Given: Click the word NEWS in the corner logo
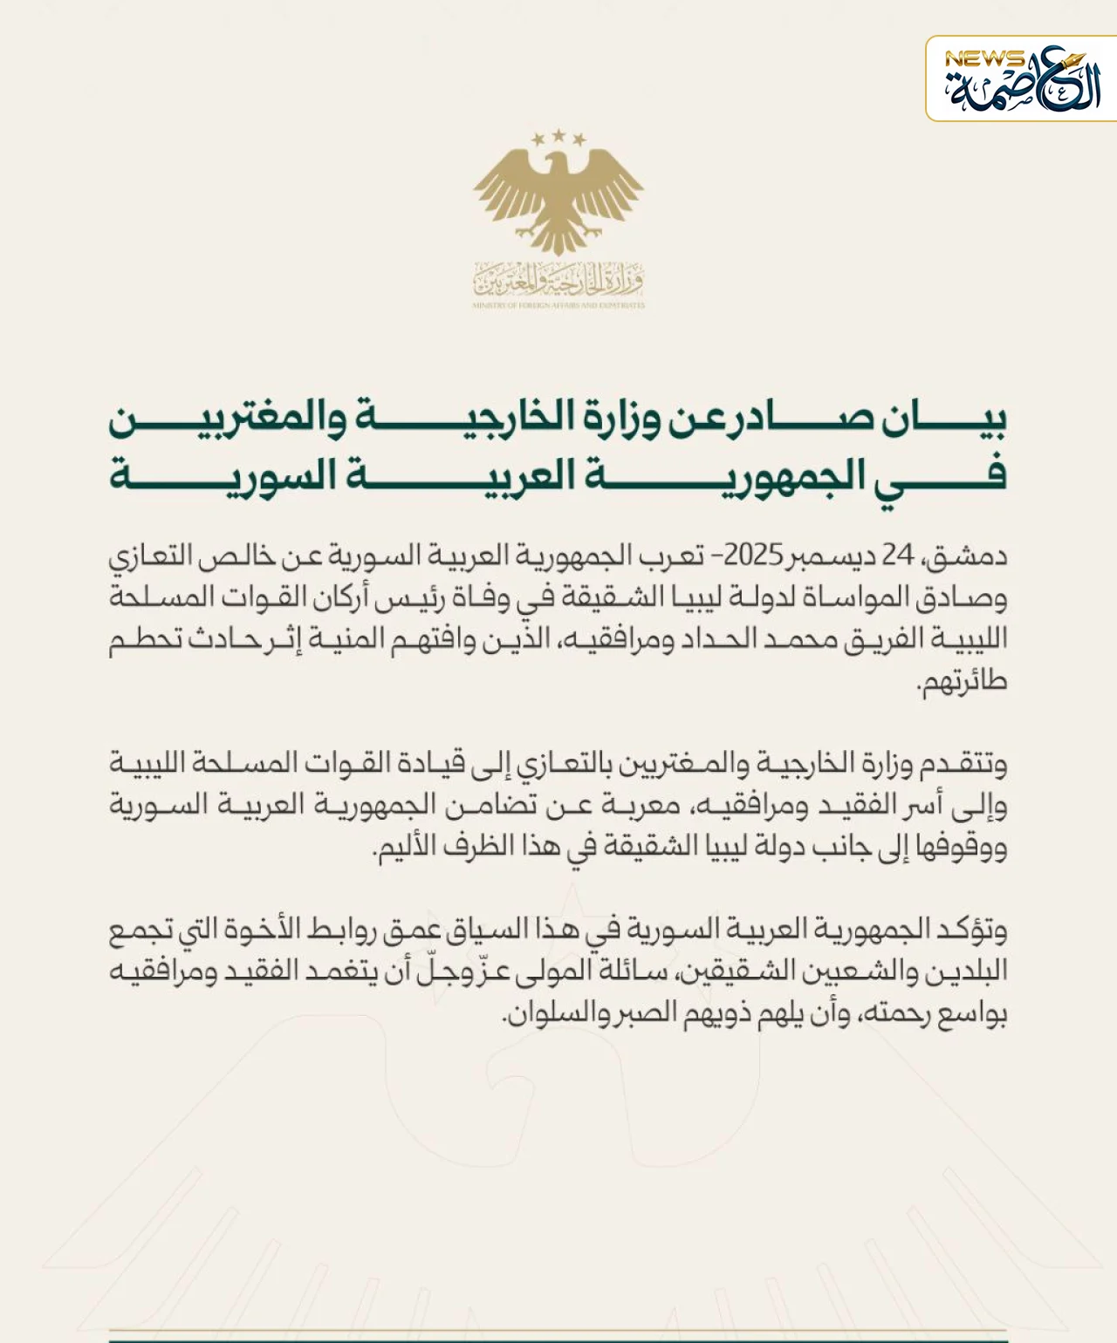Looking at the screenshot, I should tap(983, 59).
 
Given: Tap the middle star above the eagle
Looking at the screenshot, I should tap(558, 135).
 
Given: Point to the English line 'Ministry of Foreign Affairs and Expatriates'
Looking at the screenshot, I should tap(558, 306).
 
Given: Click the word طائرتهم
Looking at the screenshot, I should tap(964, 681).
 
